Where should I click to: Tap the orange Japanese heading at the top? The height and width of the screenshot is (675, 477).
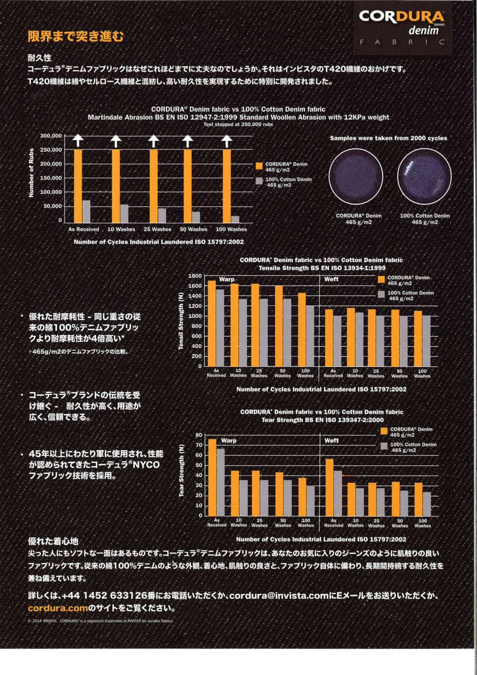[x=76, y=36]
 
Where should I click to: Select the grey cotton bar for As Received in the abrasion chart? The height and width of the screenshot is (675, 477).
[x=87, y=211]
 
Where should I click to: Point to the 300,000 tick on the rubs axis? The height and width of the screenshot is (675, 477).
[x=51, y=136]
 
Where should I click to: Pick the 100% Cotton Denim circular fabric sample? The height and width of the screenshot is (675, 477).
[x=424, y=177]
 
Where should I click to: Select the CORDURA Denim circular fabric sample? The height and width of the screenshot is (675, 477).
[x=356, y=177]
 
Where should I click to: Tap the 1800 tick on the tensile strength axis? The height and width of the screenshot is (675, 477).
[x=195, y=276]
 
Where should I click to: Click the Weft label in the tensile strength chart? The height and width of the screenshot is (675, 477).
[x=331, y=279]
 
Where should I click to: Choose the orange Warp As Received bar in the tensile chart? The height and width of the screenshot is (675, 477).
[x=212, y=323]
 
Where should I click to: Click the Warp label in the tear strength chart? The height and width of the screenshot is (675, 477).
[x=228, y=441]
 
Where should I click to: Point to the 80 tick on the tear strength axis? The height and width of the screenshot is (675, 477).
[x=199, y=435]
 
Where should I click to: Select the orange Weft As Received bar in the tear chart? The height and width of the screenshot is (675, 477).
[x=330, y=487]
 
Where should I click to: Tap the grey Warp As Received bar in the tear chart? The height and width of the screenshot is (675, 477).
[x=221, y=482]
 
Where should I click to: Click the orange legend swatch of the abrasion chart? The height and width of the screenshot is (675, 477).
[x=259, y=166]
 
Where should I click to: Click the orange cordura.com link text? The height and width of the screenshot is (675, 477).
[x=58, y=608]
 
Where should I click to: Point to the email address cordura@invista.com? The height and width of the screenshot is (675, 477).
[x=279, y=595]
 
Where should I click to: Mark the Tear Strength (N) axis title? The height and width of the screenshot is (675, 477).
[x=182, y=471]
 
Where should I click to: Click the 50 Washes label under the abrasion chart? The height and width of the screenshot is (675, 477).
[x=193, y=229]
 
